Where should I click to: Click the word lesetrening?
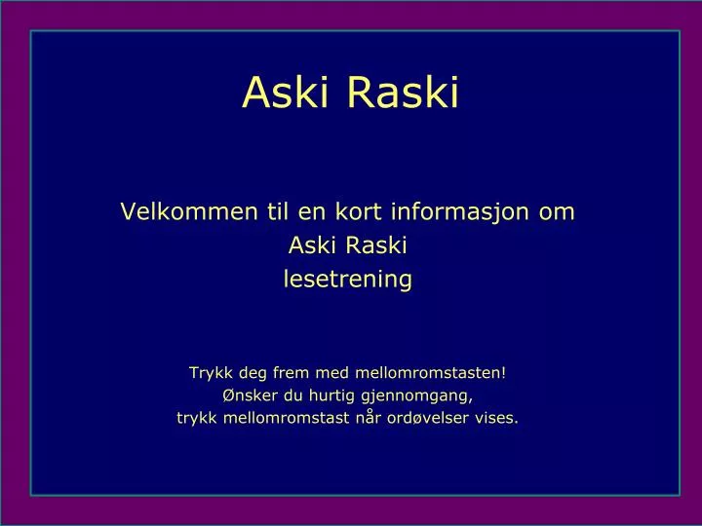pyautogui.click(x=347, y=281)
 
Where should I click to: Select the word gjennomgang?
pyautogui.click(x=417, y=395)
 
